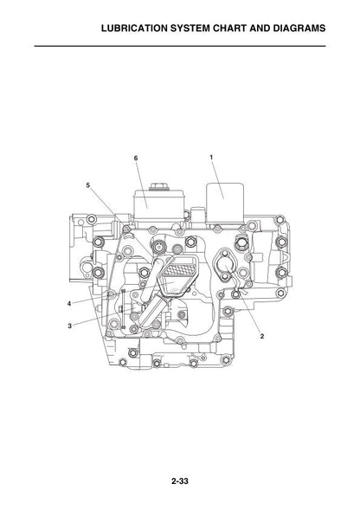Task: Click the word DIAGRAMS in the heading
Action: (x=299, y=29)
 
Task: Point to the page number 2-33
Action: (x=180, y=481)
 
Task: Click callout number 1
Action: (x=211, y=158)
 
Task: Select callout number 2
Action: (x=262, y=336)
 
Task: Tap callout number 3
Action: (x=69, y=326)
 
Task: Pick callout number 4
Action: (x=69, y=304)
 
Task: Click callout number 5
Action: (x=87, y=185)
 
